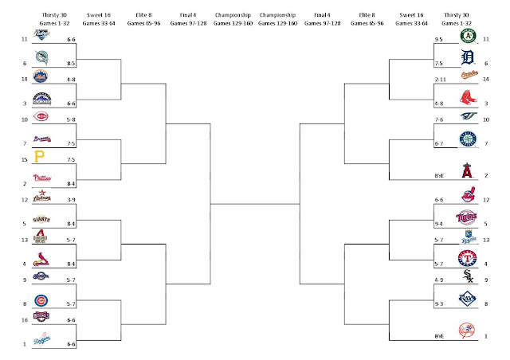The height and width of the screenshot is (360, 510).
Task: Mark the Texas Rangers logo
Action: coord(469,258)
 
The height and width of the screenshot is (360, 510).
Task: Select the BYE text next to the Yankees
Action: coord(439,338)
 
